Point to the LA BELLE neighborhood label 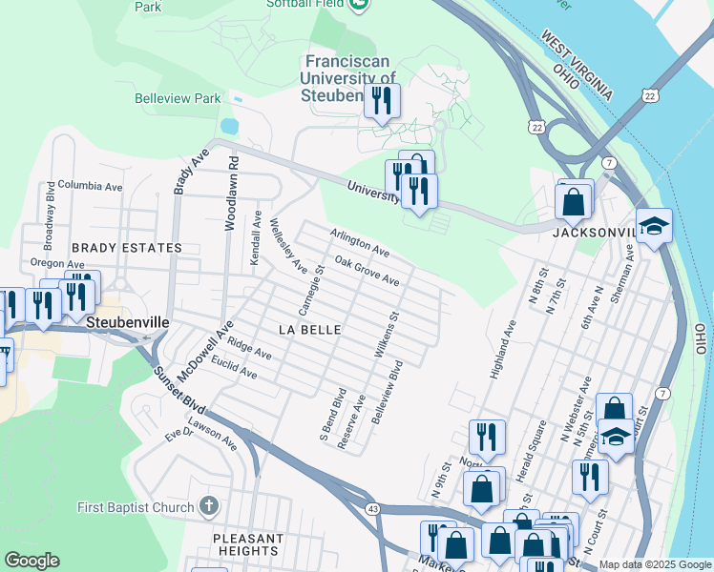pos(309,329)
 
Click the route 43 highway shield pos(372,510)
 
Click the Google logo pos(31,561)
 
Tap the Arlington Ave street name pos(360,242)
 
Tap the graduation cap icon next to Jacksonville pos(655,227)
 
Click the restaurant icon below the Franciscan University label pos(382,101)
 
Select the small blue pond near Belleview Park pos(228,126)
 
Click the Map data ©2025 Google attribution pos(655,564)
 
